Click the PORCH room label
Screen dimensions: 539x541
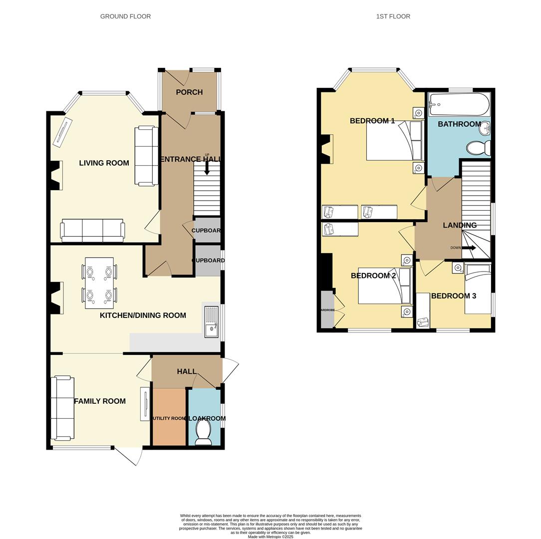[x=189, y=92]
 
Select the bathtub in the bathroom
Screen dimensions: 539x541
[x=459, y=104]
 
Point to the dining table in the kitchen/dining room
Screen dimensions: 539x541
[x=99, y=280]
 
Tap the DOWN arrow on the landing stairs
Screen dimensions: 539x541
[x=469, y=248]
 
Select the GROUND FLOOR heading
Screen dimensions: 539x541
[x=125, y=16]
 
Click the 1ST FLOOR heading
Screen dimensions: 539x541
[x=393, y=16]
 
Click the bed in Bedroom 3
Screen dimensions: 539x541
[x=478, y=289]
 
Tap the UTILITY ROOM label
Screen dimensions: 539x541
[x=169, y=418]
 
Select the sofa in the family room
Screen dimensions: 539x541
[x=62, y=408]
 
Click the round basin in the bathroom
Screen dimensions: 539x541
[x=484, y=130]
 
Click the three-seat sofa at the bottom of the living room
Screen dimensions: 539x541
[x=92, y=230]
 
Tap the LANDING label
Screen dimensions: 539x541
[x=460, y=225]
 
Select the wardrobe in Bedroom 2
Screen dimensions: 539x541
[x=327, y=309]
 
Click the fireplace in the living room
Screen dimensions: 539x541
[x=55, y=176]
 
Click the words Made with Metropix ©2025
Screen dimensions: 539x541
[x=270, y=537]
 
